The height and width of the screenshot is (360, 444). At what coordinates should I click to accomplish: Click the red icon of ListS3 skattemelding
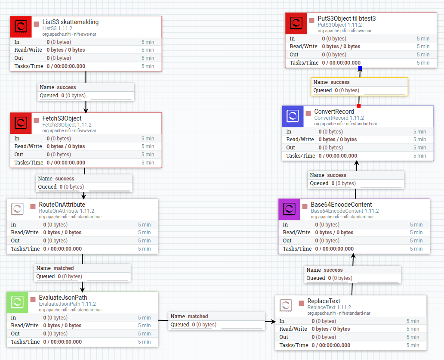21,27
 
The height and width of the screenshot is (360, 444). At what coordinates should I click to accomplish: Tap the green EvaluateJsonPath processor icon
18,303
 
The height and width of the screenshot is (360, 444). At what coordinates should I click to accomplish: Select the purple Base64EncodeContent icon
290,210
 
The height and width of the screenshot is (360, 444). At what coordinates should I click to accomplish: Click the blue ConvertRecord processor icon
293,117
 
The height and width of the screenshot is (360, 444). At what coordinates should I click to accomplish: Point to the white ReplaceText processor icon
286,306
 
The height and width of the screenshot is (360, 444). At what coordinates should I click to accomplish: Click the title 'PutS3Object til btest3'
346,19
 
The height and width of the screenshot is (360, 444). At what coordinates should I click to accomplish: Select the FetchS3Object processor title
62,118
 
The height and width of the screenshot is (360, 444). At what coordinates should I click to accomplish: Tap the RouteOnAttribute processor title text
62,205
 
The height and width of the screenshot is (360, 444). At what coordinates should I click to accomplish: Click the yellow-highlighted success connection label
359,86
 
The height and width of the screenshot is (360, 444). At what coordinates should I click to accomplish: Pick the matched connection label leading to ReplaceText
217,320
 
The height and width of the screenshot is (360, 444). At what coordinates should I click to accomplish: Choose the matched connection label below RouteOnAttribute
82,272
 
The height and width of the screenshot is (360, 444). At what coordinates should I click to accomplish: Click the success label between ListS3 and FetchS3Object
86,91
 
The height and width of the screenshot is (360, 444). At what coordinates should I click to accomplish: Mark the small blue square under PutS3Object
360,68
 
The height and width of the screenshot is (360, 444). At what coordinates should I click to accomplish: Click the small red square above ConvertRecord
358,106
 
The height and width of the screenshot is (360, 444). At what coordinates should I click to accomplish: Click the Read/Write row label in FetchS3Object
28,146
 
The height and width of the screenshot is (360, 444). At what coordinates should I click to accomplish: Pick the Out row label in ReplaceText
284,337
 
